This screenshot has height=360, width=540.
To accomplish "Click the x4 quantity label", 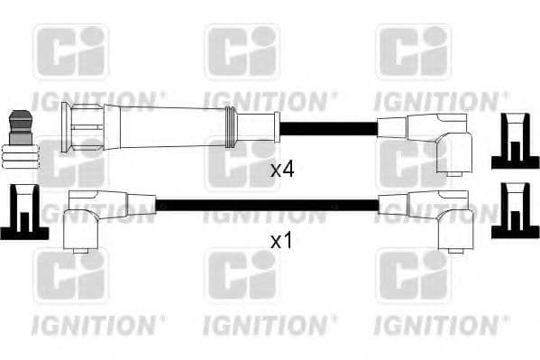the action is [x=283, y=168].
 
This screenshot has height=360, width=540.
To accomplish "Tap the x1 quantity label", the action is [x=283, y=241].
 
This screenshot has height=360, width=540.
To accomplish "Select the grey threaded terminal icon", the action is [x=21, y=139].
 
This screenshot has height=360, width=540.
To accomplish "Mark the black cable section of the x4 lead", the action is [x=326, y=127].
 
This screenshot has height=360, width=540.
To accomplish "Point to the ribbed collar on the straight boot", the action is [x=230, y=127].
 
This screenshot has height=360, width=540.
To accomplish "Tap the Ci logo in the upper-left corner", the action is [x=70, y=52].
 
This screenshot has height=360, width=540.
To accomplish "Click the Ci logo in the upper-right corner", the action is [x=413, y=52].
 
